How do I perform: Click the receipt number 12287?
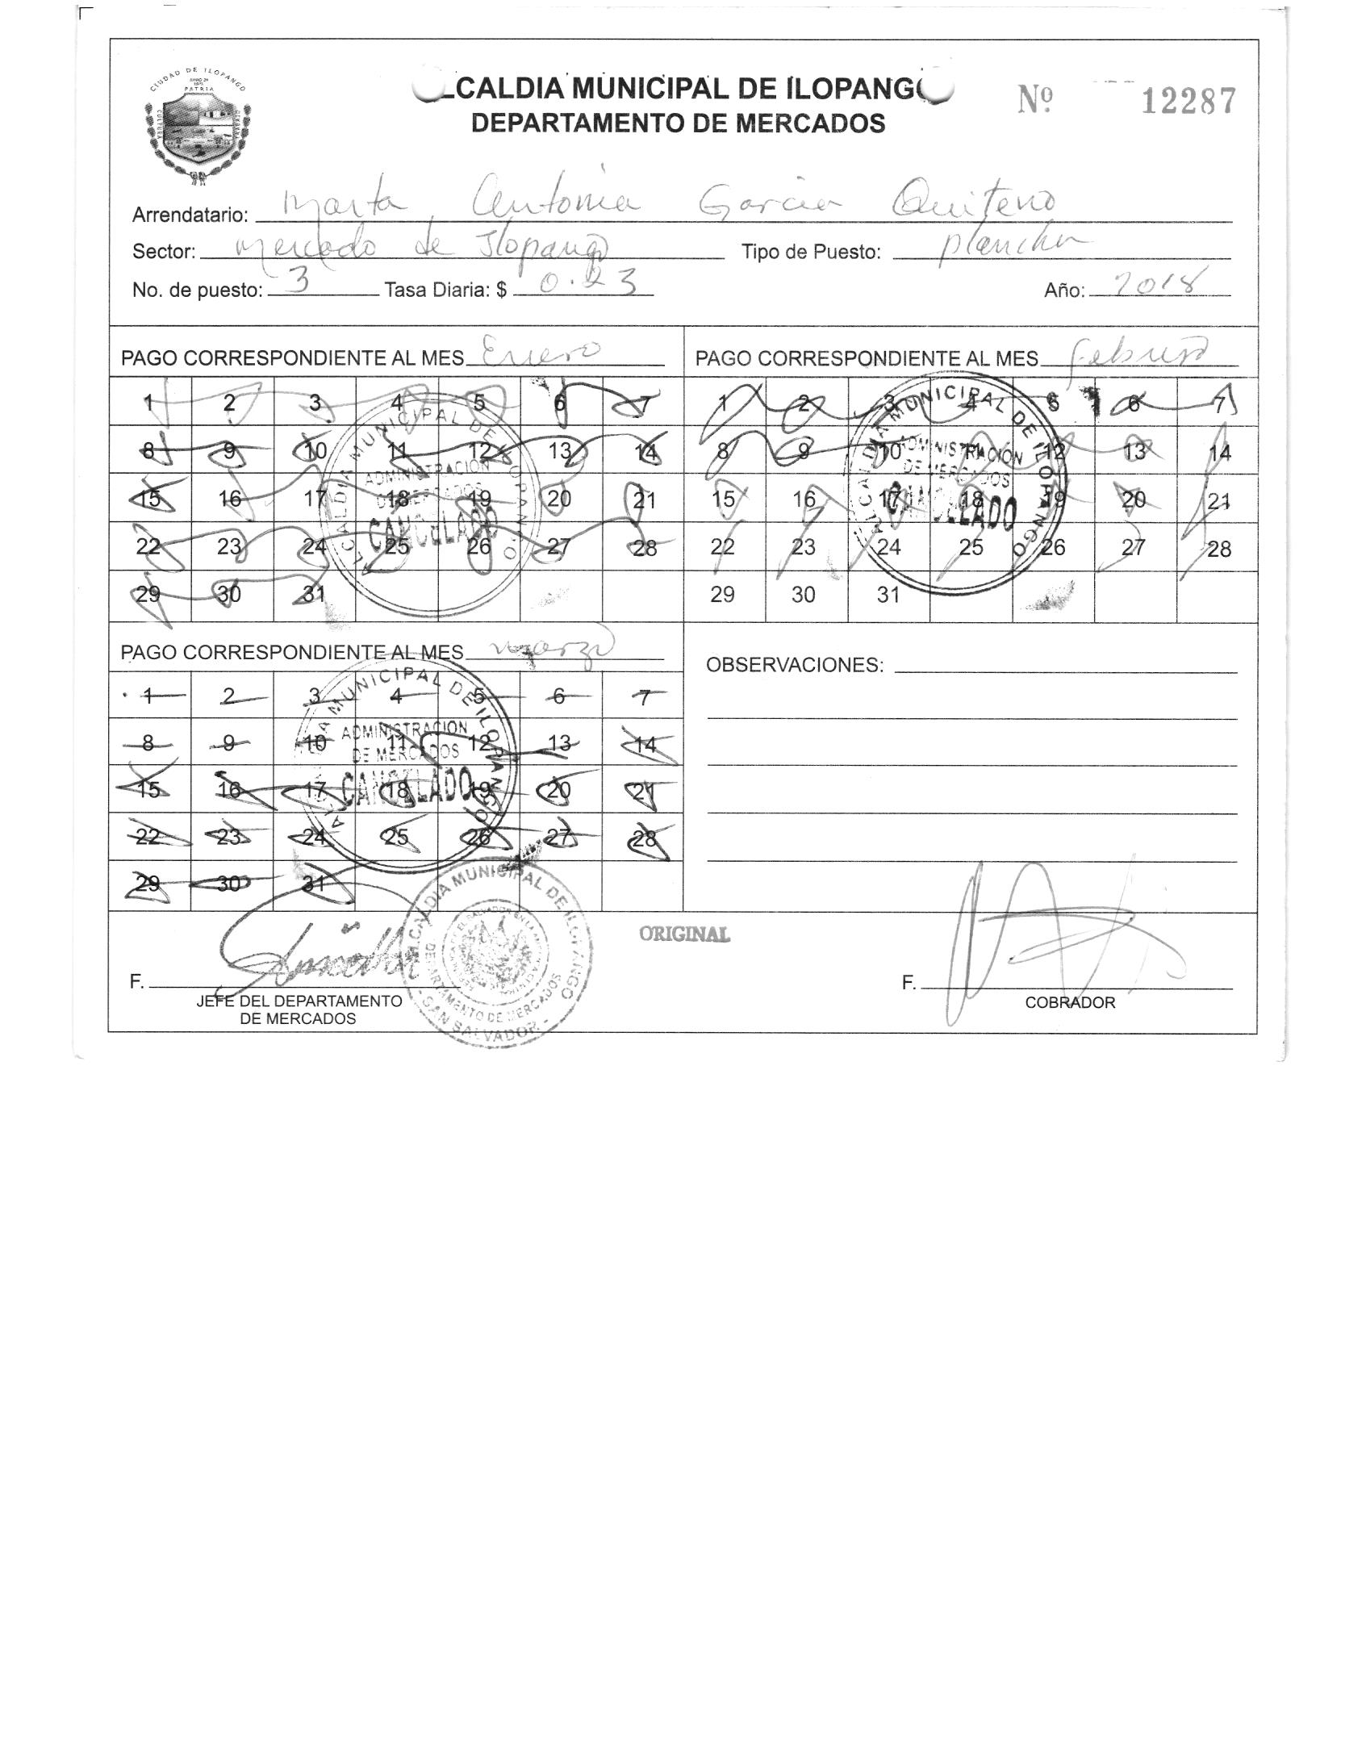coord(1187,102)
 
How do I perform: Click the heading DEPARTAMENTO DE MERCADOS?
coord(678,123)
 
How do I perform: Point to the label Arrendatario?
coord(190,215)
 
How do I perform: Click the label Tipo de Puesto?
coord(810,253)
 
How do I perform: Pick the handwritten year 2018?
coord(1159,285)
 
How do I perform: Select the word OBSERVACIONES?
coord(794,665)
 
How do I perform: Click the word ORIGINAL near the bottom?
coord(684,934)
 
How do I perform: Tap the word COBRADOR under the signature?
coord(1070,1002)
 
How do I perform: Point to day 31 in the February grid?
coord(888,595)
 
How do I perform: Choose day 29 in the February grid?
coord(722,595)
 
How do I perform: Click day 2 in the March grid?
coord(230,696)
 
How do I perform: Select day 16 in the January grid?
coord(230,499)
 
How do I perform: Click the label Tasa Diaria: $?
coord(445,290)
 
